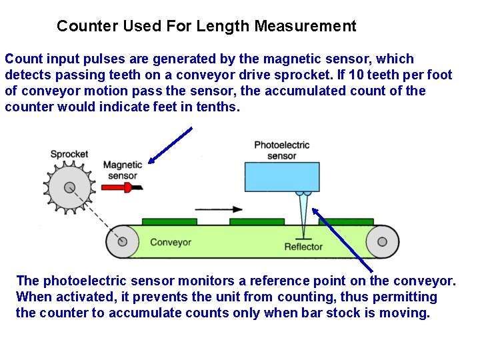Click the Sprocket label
(69, 154)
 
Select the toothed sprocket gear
(70, 185)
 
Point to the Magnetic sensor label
(123, 171)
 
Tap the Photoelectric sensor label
(281, 151)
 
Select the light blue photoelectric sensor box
(283, 176)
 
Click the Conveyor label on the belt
(171, 242)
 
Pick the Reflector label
(303, 247)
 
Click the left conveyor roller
(123, 241)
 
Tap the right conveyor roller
(383, 241)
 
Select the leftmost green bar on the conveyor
(169, 221)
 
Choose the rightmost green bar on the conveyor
(345, 221)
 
